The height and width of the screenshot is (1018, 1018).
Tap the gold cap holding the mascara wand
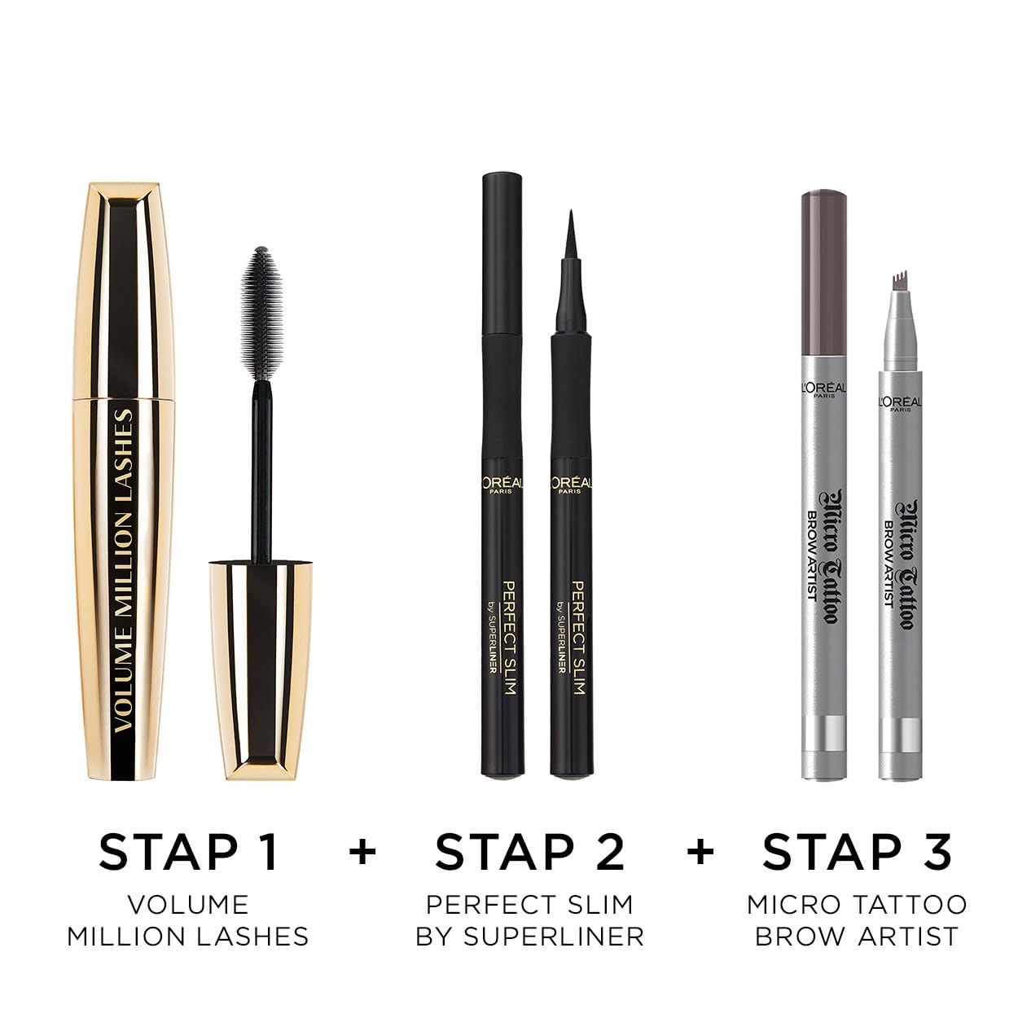click(261, 671)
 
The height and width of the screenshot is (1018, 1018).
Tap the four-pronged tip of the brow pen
click(900, 280)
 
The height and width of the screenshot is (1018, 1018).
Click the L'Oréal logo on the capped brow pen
click(825, 390)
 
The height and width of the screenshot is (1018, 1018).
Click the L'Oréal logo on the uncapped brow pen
click(901, 404)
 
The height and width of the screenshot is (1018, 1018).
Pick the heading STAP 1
click(189, 852)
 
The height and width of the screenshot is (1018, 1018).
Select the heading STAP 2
click(530, 852)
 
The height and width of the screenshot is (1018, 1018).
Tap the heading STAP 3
click(857, 852)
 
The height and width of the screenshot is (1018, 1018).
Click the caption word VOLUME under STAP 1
click(189, 905)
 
